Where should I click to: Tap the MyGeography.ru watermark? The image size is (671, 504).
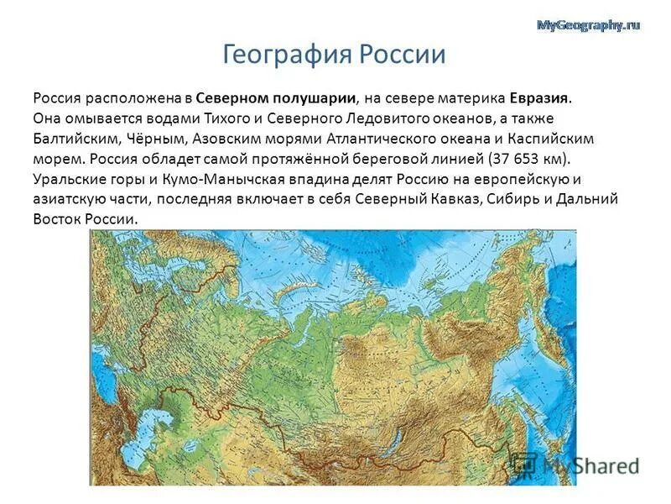tap(587, 25)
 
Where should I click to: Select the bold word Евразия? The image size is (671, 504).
tap(539, 97)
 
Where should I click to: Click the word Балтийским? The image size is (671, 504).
tap(75, 139)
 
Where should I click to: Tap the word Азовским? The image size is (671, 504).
tap(234, 139)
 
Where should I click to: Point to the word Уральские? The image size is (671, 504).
tap(68, 179)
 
